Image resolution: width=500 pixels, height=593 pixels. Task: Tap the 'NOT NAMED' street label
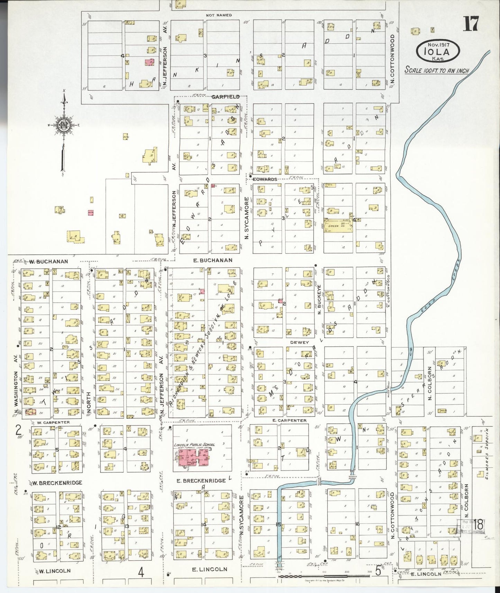(218, 15)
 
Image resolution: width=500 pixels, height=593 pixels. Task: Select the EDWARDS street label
(265, 179)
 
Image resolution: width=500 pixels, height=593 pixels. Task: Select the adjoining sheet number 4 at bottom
(141, 573)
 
